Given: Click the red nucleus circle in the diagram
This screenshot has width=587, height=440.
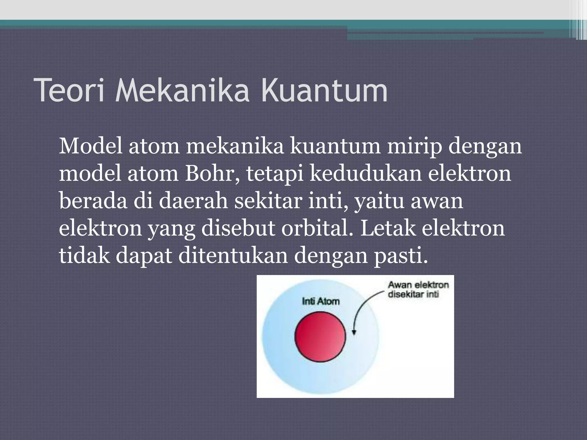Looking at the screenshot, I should click(320, 336).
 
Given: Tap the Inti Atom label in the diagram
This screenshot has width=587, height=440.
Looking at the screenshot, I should click(320, 301).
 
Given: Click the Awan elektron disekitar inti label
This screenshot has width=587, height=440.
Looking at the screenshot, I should click(418, 290).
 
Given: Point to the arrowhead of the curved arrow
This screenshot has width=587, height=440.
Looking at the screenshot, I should click(354, 332).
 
